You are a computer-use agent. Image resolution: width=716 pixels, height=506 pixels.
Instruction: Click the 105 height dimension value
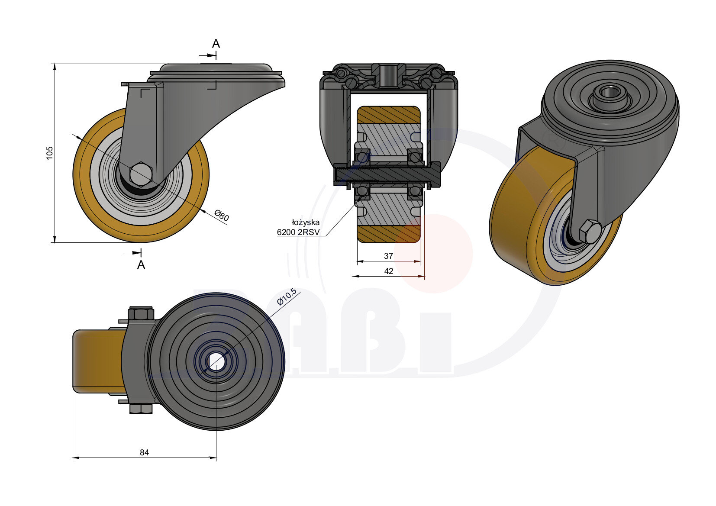coord(50,153)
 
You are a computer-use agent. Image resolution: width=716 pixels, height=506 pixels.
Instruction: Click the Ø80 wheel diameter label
coord(222,215)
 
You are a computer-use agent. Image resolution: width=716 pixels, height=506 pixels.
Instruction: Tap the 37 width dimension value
coord(388,256)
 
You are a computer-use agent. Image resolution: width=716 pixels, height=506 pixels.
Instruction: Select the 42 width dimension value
coord(389,271)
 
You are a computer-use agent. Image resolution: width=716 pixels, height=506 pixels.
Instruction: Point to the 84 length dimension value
coord(144,452)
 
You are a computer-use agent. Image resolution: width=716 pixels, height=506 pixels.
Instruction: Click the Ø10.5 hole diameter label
coord(287,297)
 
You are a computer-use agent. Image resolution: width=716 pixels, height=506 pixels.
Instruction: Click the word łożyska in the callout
coord(306,222)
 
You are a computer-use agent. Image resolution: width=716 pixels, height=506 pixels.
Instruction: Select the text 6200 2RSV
coord(298,232)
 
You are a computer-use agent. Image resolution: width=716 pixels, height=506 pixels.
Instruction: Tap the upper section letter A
coord(216,44)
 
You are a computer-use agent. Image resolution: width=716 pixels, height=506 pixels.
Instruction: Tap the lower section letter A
coord(141,265)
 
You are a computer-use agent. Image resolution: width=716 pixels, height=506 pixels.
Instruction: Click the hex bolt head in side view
coord(141,174)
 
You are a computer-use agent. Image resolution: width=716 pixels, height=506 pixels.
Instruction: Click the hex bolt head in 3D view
coord(590,232)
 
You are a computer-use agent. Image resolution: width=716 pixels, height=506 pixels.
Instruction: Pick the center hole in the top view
coord(216,361)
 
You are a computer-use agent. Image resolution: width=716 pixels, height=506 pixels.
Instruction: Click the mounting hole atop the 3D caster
coord(610,93)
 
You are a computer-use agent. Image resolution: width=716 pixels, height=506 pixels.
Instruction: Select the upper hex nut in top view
coord(141,314)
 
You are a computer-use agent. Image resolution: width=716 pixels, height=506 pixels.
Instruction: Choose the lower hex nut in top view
coord(141,409)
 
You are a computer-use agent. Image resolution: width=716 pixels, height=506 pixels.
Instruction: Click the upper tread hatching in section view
coord(388,115)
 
